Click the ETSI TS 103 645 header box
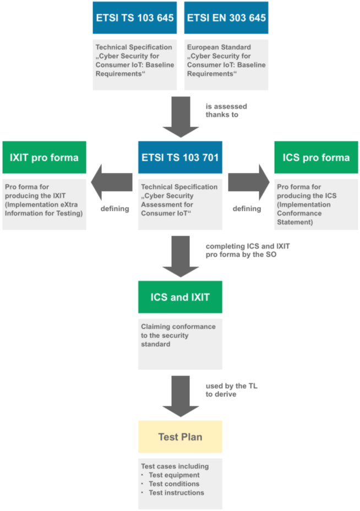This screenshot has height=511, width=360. pos(135,18)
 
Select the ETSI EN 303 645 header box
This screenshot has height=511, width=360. pos(226,18)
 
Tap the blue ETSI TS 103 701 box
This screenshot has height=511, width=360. pos(180,157)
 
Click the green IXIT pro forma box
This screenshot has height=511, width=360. pos(44,157)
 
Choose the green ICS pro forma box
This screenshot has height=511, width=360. pos(316,157)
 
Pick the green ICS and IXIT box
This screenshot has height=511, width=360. pos(180,297)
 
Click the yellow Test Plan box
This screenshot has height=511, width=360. pos(180,437)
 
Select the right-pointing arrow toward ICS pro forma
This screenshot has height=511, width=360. pos(248,183)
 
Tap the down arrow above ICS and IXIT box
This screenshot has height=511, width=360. pos(180,256)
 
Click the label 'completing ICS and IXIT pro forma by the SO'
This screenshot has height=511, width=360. pos(247,250)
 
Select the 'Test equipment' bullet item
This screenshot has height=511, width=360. pos(174,475)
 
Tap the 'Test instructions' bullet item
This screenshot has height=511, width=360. pos(176,493)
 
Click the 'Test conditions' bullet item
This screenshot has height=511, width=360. pos(174,484)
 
